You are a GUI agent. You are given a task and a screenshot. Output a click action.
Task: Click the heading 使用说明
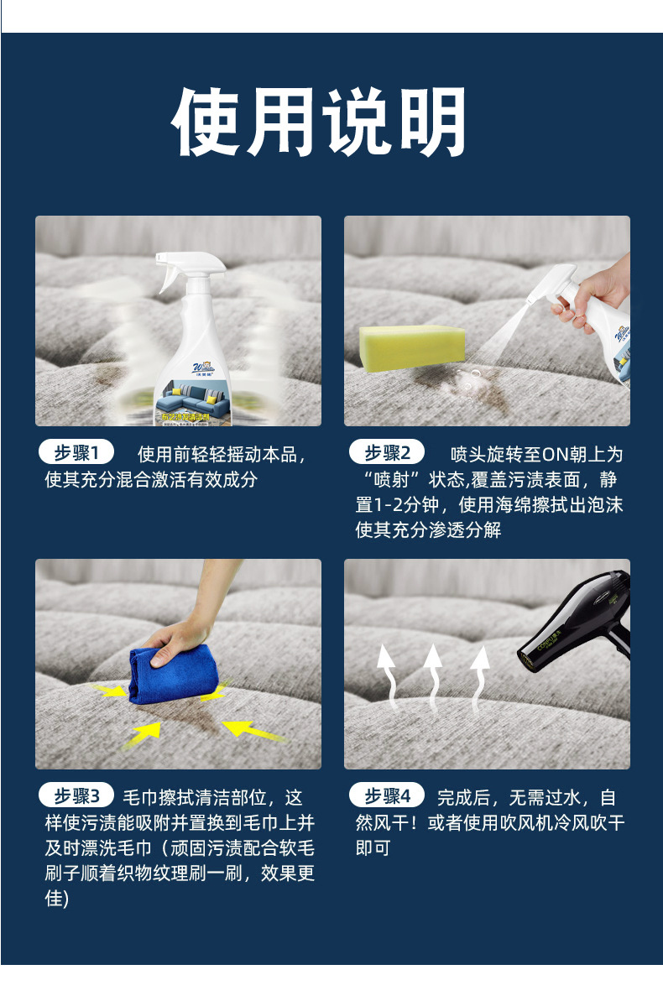click(319, 122)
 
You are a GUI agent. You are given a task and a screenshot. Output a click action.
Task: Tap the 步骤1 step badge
click(76, 453)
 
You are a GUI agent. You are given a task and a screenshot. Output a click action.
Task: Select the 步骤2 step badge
click(387, 453)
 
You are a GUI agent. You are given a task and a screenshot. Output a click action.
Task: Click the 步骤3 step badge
click(76, 795)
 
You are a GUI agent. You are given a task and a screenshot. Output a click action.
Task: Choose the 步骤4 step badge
click(387, 795)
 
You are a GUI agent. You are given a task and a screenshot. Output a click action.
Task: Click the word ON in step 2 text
click(556, 455)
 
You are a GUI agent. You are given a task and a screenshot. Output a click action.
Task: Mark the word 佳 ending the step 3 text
click(54, 899)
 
